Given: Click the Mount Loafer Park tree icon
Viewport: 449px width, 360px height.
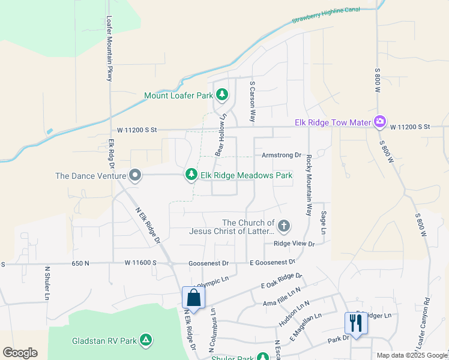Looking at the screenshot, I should [x=222, y=95].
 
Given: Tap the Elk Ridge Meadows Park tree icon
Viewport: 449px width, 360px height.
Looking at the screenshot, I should [x=191, y=175].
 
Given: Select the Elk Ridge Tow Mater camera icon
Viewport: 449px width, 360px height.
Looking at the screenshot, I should [x=379, y=122].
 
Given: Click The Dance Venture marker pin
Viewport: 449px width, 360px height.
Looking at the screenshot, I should [x=136, y=175].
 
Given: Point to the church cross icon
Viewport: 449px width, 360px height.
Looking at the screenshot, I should [x=284, y=226].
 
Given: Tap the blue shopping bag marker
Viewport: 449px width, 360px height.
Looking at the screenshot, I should [x=193, y=298].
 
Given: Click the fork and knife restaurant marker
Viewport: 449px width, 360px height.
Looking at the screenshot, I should [x=356, y=324].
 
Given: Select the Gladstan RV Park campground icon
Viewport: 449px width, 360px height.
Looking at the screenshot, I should [x=145, y=341].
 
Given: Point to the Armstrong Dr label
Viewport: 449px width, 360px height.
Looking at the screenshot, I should [x=281, y=155].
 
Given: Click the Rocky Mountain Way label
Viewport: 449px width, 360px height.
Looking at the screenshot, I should [x=309, y=186].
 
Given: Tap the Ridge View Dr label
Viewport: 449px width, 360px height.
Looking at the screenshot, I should [x=294, y=244].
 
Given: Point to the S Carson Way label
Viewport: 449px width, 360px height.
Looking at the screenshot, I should [x=253, y=103].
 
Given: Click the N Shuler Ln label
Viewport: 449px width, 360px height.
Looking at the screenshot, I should [x=47, y=283].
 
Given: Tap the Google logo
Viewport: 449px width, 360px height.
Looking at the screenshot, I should [x=20, y=352].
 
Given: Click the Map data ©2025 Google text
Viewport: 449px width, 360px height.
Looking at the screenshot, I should [x=412, y=355].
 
